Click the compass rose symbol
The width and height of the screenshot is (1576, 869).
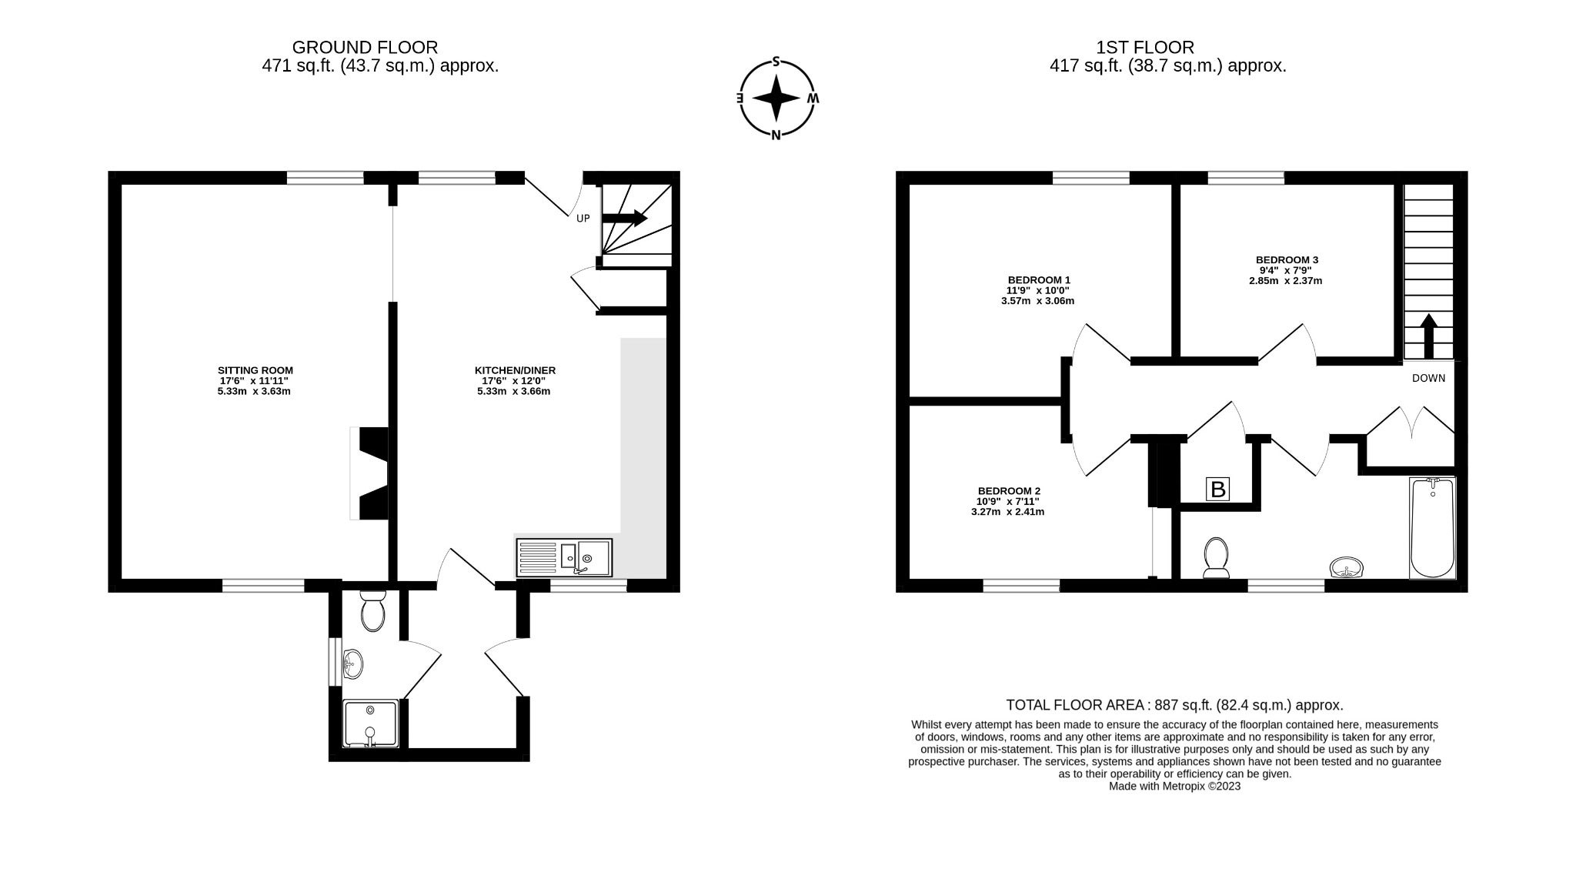pos(776,99)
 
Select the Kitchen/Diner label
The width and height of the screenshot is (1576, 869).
pos(515,370)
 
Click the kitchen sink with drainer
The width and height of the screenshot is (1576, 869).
pos(564,557)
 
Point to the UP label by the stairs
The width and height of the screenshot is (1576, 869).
pos(583,219)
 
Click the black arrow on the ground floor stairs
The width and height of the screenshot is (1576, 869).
pos(624,219)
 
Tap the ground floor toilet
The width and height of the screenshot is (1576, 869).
pos(372,612)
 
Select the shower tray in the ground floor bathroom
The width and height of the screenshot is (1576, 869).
pos(370,724)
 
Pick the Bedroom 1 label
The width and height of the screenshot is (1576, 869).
pos(1039,279)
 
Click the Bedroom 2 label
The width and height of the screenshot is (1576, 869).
pos(1009,491)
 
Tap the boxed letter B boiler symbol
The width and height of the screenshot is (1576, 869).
pos(1217,490)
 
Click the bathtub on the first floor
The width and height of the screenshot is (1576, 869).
pos(1432,528)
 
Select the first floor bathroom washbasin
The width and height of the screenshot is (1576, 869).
pos(1347,567)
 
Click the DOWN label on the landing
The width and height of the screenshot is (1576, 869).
pos(1428,379)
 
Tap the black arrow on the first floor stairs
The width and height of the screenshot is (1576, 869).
pos(1428,336)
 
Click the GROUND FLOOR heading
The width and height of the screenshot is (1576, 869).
pos(365,48)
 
